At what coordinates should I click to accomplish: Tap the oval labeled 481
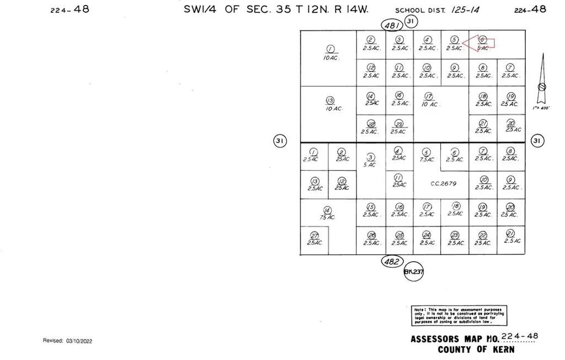pyautogui.click(x=392, y=24)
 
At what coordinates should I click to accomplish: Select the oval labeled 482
pyautogui.click(x=392, y=262)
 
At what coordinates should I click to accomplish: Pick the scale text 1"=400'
pyautogui.click(x=542, y=108)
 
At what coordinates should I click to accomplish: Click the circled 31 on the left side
pyautogui.click(x=280, y=141)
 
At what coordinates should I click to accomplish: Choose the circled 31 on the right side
pyautogui.click(x=537, y=141)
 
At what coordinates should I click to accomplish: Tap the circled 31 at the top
pyautogui.click(x=411, y=21)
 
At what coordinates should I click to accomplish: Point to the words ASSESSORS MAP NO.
pyautogui.click(x=455, y=339)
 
